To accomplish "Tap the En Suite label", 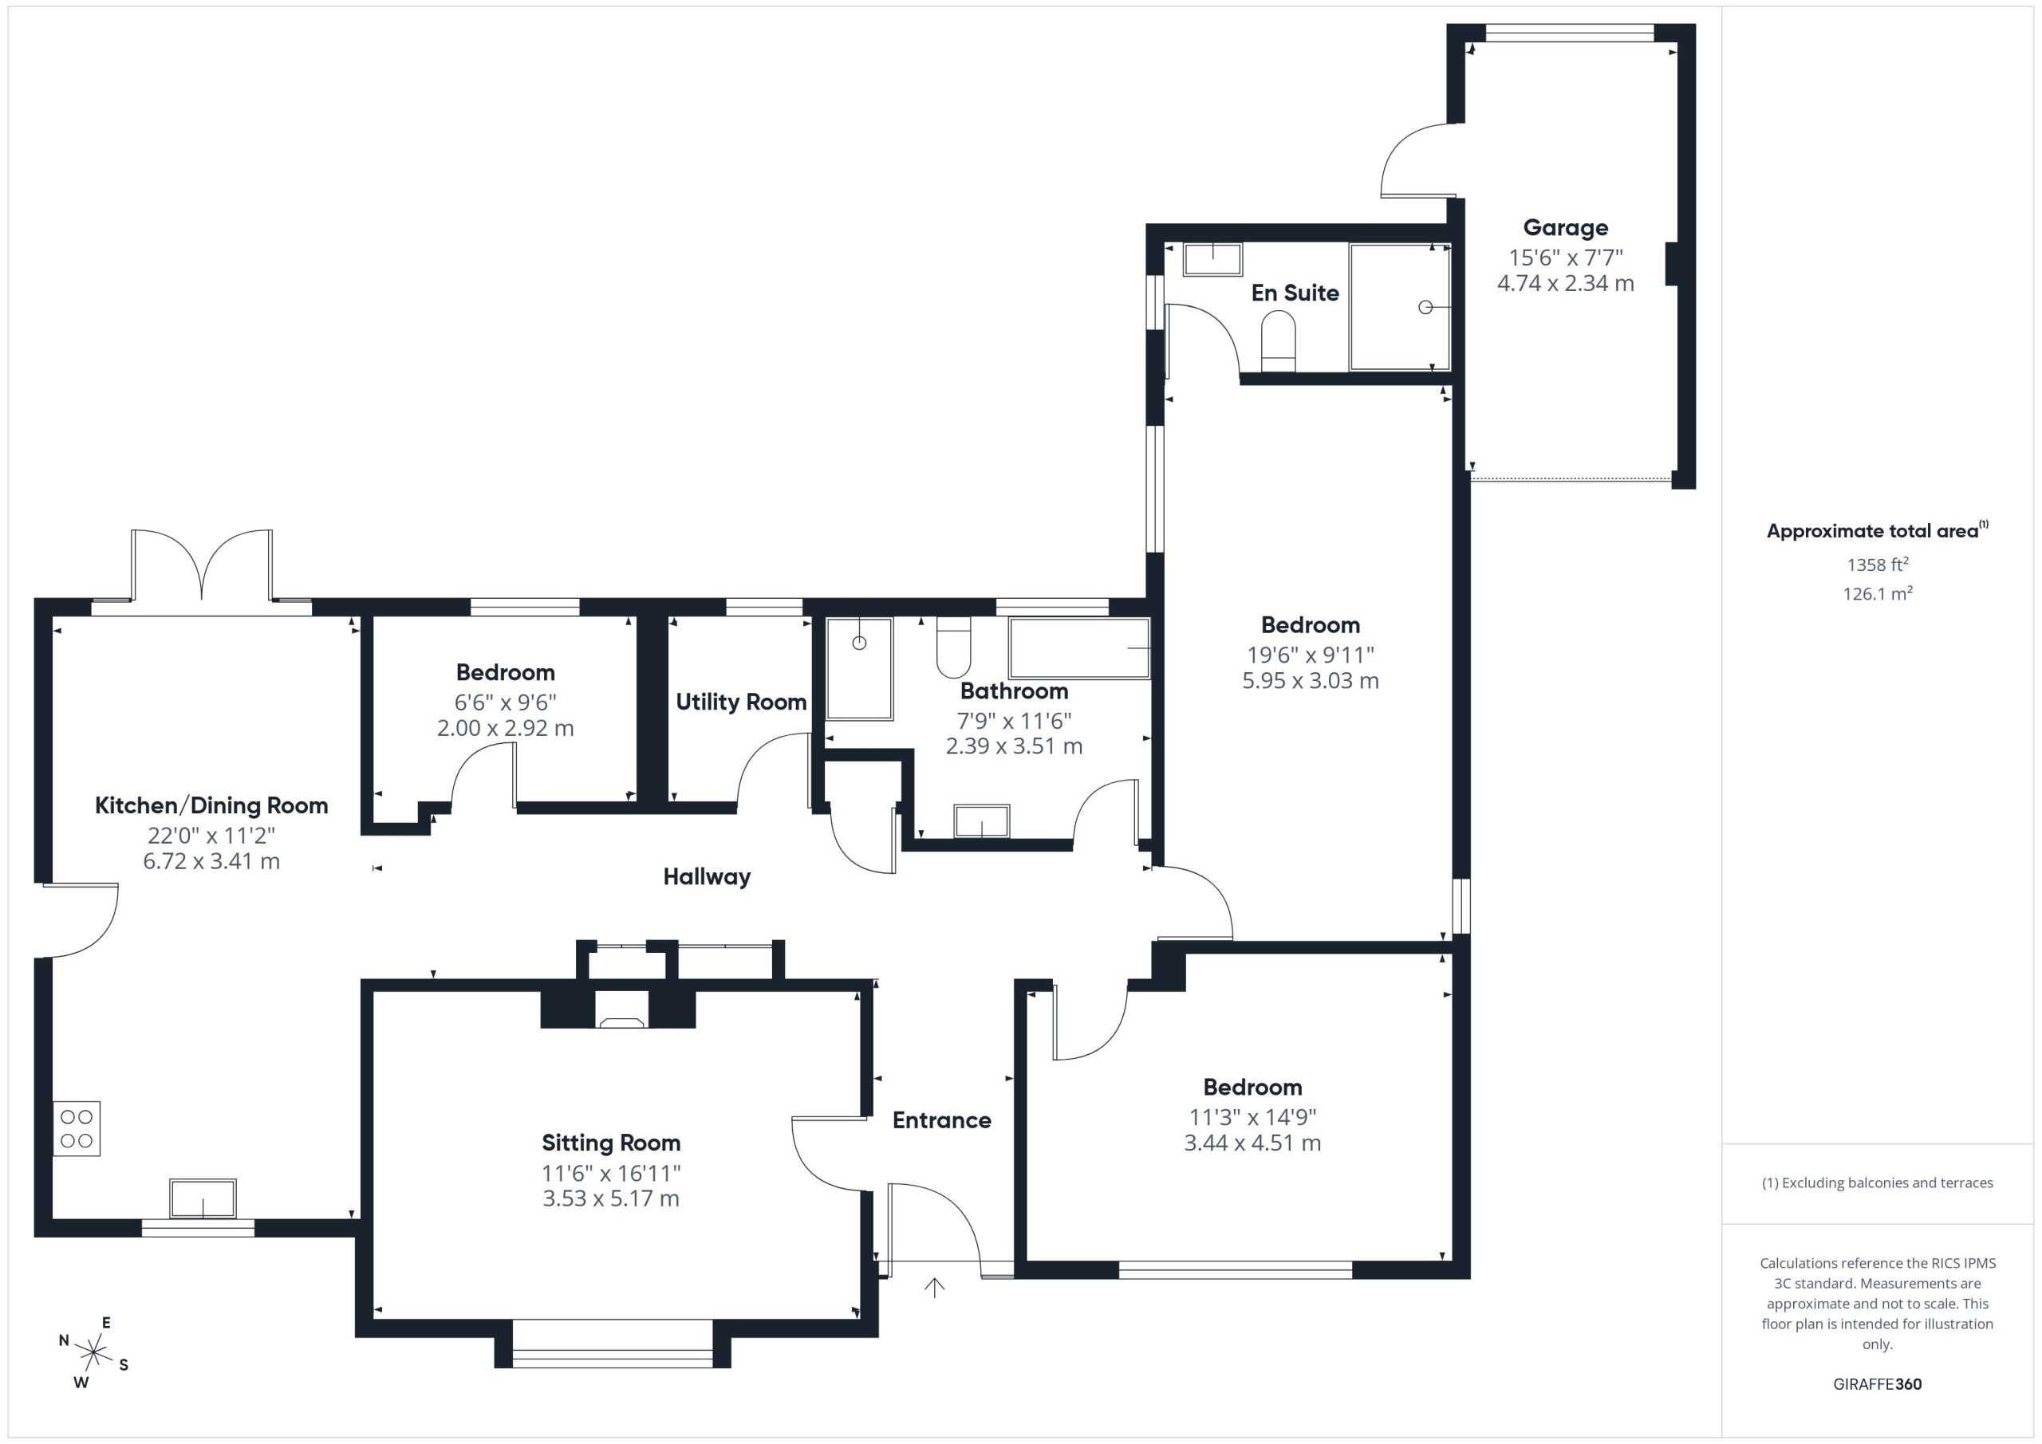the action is coord(1295,293).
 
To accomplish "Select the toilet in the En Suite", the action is coord(1278,340).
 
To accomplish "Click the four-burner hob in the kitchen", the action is coord(77,1128).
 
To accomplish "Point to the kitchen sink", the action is coord(203,1198).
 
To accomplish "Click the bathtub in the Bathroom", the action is coord(1078,648).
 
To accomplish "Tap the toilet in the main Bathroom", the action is coord(953,647).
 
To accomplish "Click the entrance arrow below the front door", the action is coord(934,1288).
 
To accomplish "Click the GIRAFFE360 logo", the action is coord(1878,1383).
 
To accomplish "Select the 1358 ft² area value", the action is coord(1878,564).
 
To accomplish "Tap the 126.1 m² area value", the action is coord(1878,593).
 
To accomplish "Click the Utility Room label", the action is coord(741,702).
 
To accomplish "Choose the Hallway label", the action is coord(707,877).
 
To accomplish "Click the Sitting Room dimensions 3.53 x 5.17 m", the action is coord(611,1198).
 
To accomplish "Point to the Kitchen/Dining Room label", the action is coord(211,805).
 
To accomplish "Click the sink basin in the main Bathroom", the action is coord(982,820).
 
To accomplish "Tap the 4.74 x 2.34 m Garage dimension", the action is coord(1565,283).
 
